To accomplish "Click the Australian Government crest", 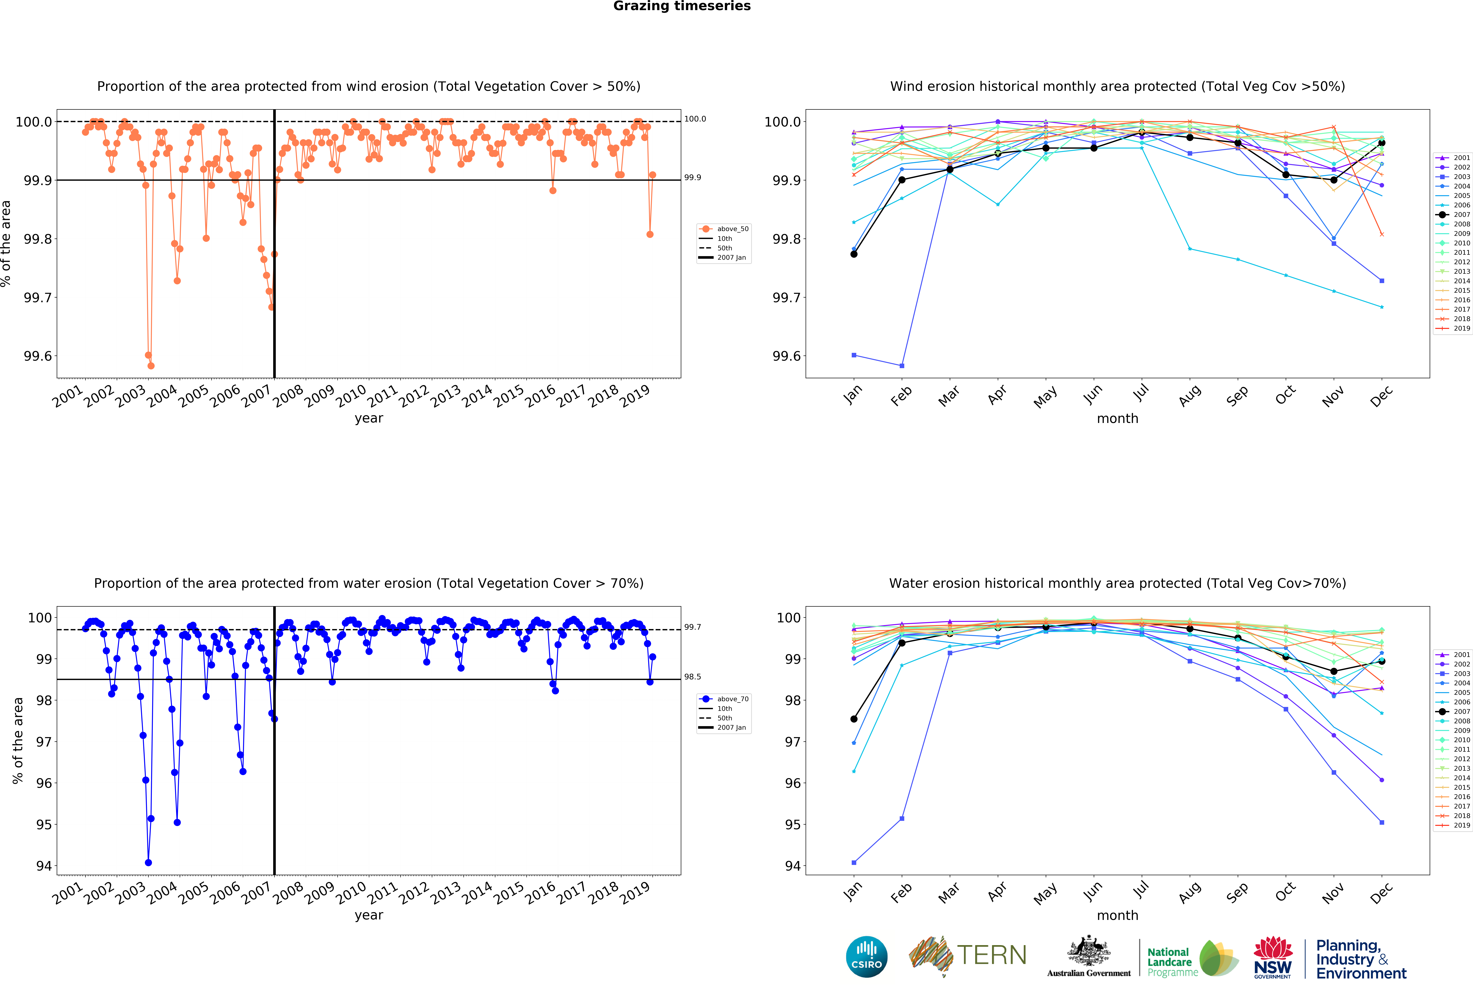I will point(1088,956).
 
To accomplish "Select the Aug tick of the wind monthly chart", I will point(1190,395).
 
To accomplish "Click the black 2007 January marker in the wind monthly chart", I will point(854,254).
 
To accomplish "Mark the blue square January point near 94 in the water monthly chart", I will point(854,863).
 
